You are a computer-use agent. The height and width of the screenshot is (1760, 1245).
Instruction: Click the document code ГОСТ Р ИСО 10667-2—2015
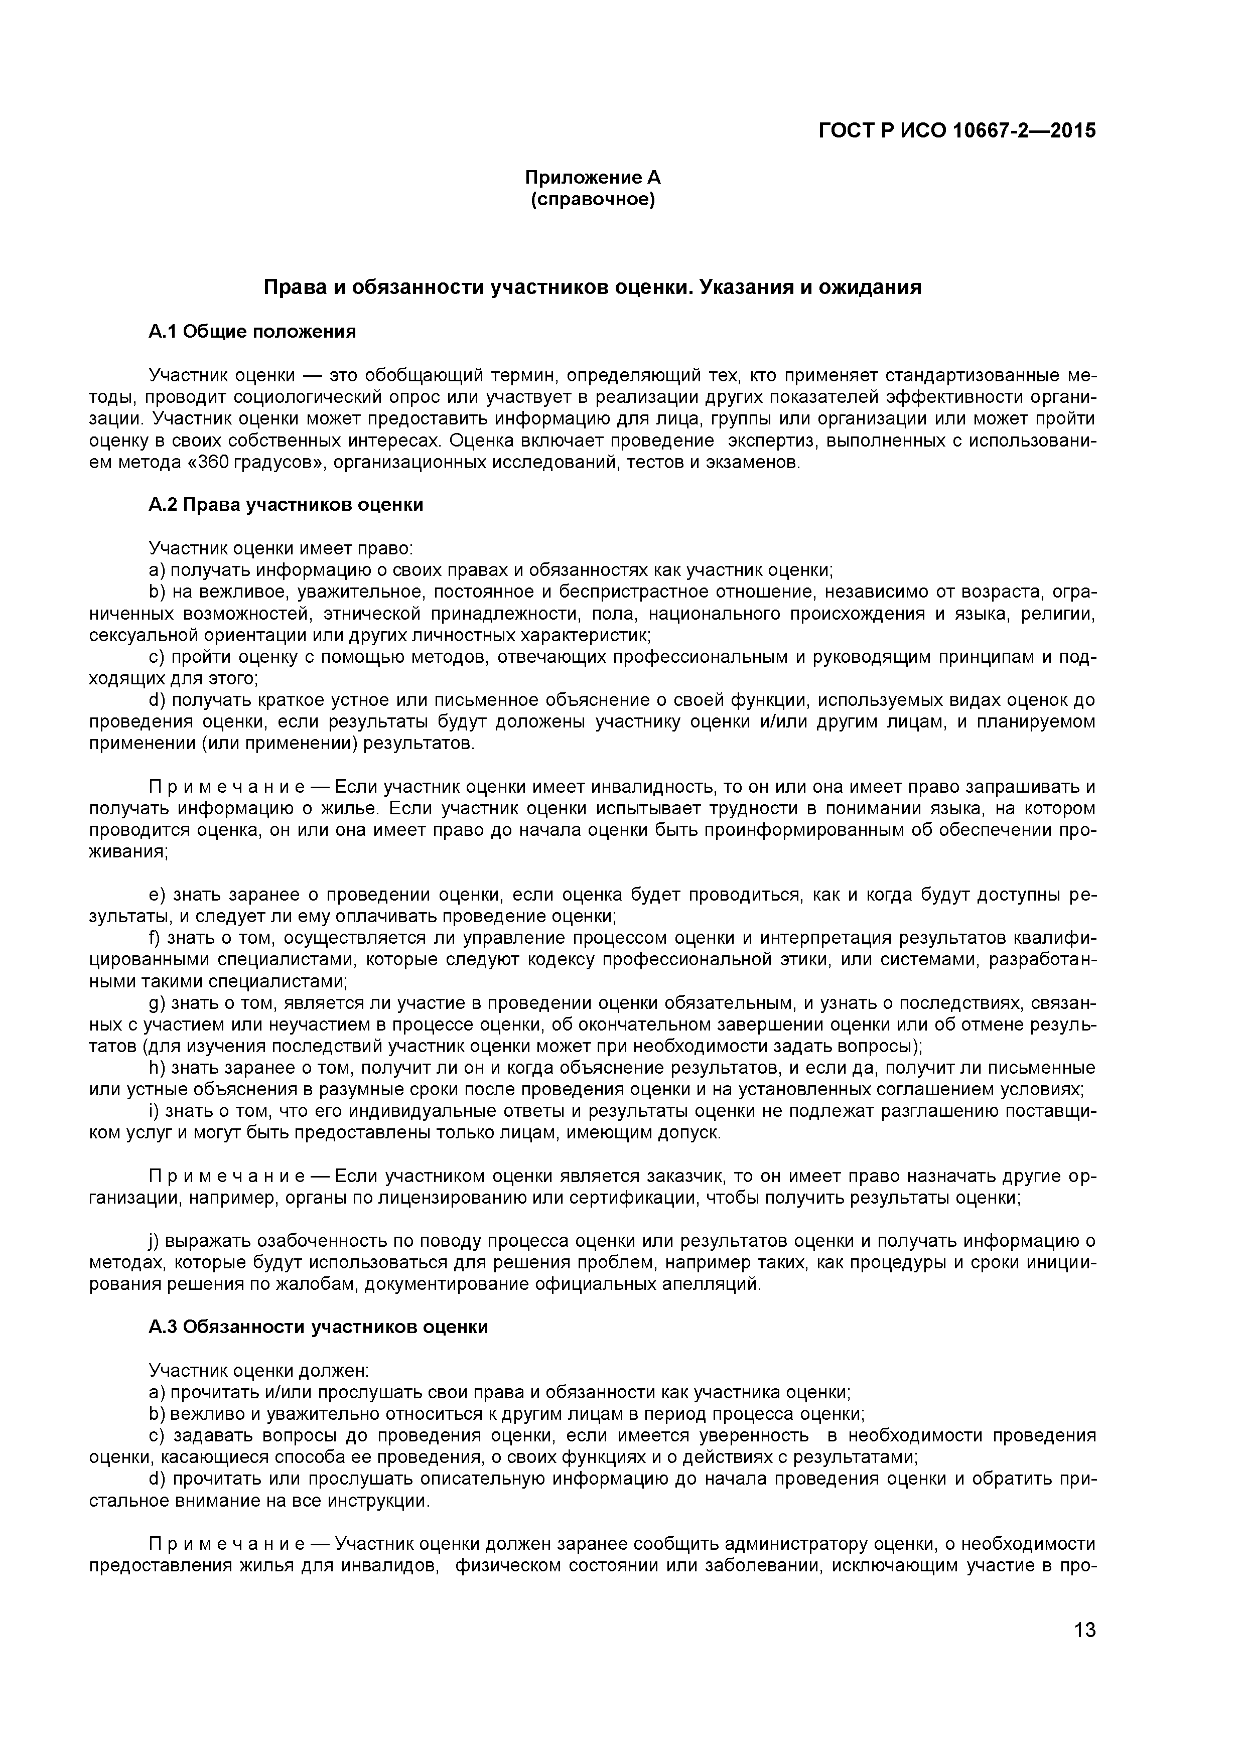pos(957,130)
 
